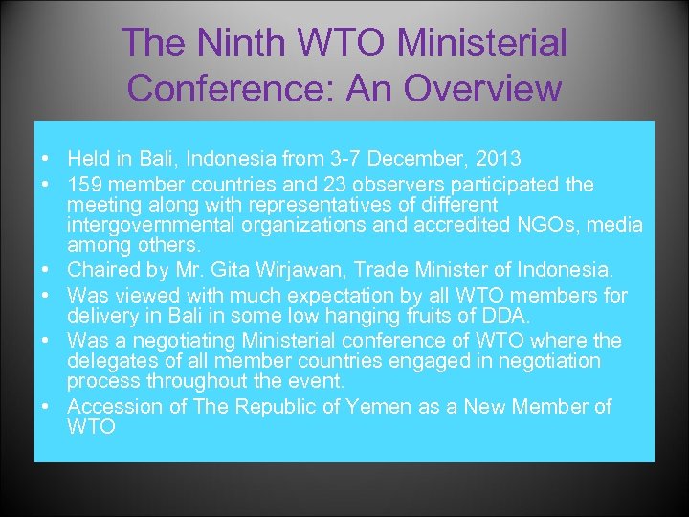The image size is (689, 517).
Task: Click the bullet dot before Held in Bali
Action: [46, 158]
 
